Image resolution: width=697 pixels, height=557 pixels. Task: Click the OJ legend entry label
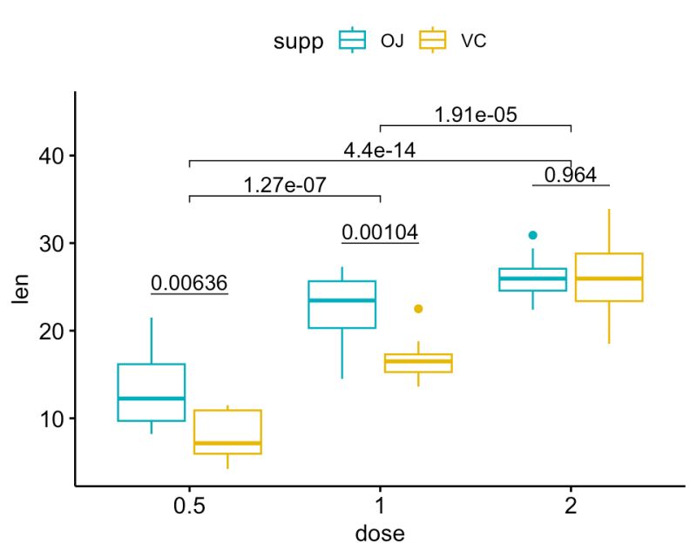pos(391,40)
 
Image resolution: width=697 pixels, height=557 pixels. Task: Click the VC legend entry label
pos(473,40)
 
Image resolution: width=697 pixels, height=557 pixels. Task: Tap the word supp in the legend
pos(300,40)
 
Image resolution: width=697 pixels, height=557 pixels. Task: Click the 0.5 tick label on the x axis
pos(189,507)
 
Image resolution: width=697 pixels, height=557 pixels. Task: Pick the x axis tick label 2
pos(571,507)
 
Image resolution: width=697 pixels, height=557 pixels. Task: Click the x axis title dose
pos(380,534)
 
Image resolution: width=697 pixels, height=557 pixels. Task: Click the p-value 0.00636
pos(189,283)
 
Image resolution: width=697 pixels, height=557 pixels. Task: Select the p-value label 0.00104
pos(380,232)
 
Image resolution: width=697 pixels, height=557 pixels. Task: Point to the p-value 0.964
pos(571,175)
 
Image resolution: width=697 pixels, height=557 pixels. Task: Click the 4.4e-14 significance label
pos(380,150)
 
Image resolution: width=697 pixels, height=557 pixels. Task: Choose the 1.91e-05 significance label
pos(476,115)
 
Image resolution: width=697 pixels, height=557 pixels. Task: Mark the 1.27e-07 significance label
pos(285,185)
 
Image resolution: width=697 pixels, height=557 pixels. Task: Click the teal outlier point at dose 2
pos(533,235)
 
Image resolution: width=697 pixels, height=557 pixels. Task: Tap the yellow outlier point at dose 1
pos(418,309)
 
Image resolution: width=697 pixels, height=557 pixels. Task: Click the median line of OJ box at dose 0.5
pos(152,398)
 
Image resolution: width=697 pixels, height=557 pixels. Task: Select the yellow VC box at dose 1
pos(418,363)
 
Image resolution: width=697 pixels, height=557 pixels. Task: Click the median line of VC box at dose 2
pos(609,278)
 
